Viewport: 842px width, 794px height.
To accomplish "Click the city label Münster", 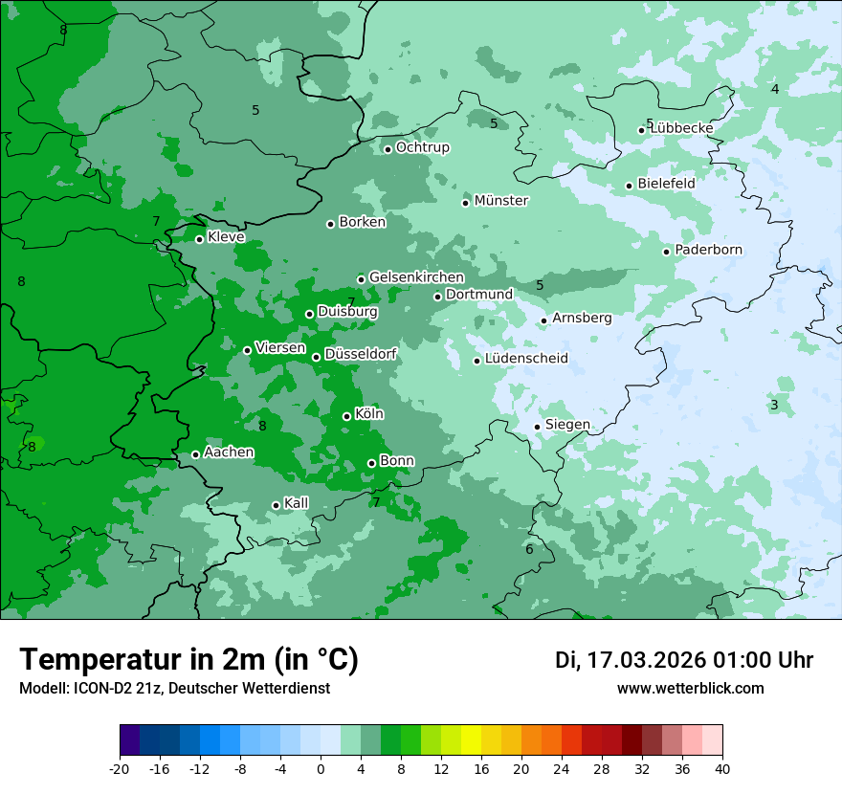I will tap(501, 201).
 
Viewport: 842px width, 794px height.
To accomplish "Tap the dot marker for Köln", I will tap(346, 416).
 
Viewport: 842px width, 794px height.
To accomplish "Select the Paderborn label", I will tap(708, 250).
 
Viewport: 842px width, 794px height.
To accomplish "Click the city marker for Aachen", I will tap(195, 454).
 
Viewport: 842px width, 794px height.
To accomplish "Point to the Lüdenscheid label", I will tap(526, 359).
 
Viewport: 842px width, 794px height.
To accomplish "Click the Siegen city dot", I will tap(537, 427).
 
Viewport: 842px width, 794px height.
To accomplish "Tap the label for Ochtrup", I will tap(422, 147).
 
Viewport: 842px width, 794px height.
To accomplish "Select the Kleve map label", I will tap(226, 237).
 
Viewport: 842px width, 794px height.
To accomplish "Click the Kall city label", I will tap(297, 503).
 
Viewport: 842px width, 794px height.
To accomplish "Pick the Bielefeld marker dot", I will tap(629, 186).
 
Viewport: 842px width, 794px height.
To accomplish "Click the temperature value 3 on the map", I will tap(774, 405).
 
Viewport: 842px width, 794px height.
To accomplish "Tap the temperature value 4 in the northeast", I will tap(775, 89).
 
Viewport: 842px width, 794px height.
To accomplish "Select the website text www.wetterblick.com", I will tap(690, 688).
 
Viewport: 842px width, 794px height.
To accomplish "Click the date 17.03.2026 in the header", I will tap(646, 660).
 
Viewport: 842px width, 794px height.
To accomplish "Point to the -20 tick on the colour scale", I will tap(120, 768).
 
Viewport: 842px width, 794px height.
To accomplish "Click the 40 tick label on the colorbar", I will tap(722, 768).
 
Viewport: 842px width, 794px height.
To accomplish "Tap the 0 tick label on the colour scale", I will tap(321, 768).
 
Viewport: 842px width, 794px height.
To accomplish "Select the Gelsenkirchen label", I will tap(416, 277).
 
